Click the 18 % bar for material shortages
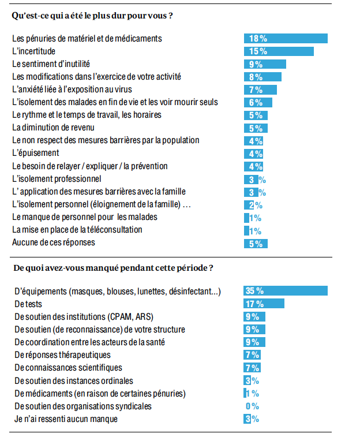tap(285, 39)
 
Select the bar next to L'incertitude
tap(278, 51)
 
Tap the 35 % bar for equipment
tap(285, 291)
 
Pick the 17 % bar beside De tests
tap(264, 304)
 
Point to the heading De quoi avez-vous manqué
tap(113, 268)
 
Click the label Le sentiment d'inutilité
tap(51, 64)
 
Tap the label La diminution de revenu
tap(53, 128)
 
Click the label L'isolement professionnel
tap(57, 179)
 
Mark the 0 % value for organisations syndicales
tap(252, 406)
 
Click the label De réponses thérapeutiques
tap(62, 354)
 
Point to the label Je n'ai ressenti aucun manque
tap(66, 419)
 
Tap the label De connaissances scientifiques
tap(67, 368)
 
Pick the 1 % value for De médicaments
tap(252, 394)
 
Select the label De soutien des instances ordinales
tap(74, 380)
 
